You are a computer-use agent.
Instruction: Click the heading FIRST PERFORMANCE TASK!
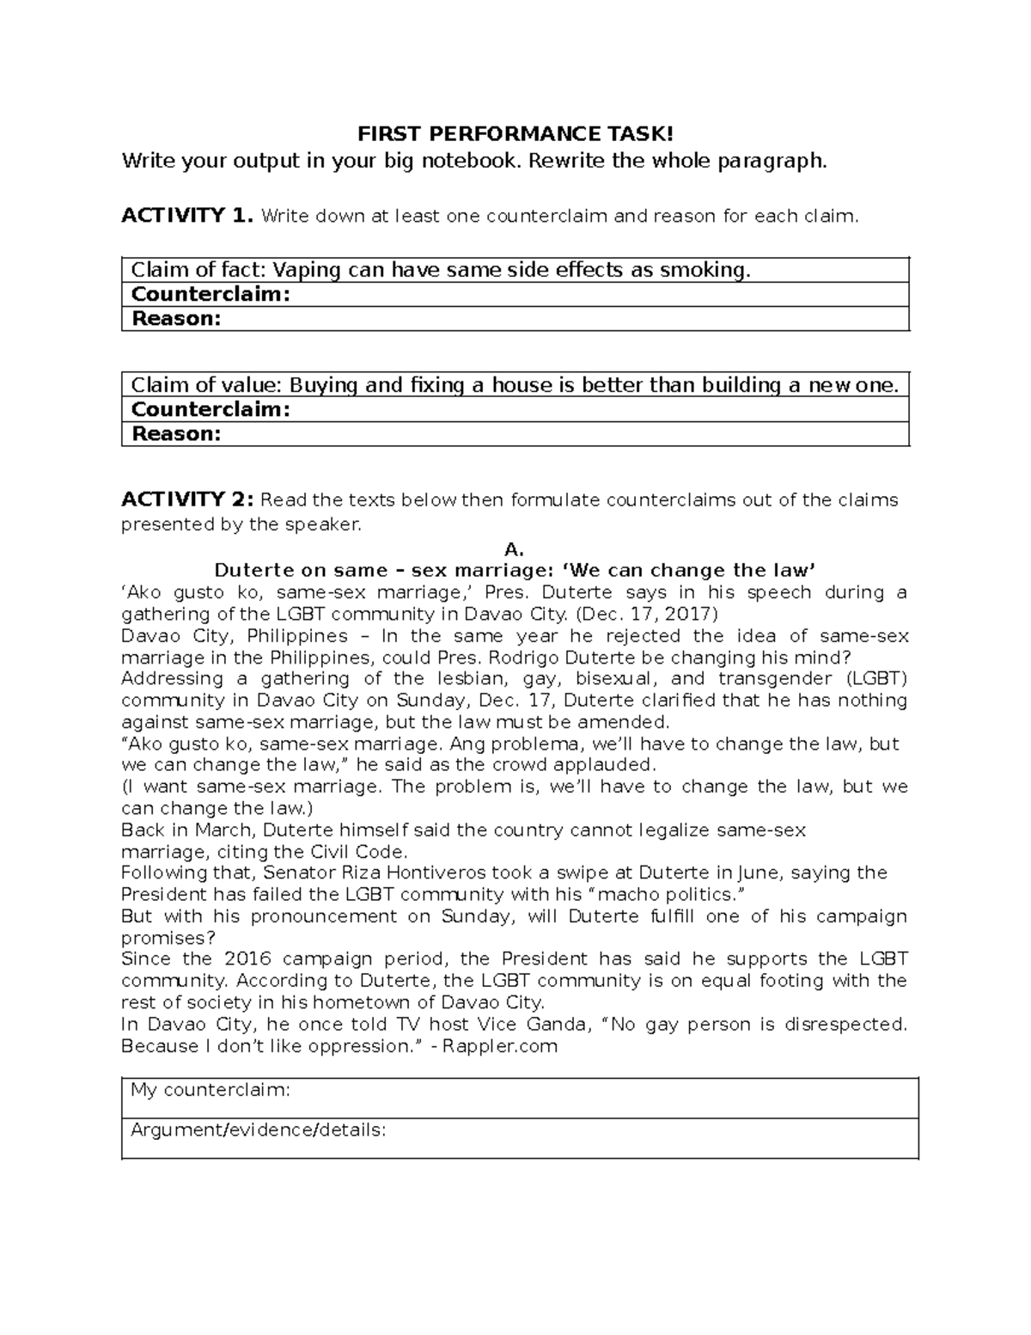tap(515, 134)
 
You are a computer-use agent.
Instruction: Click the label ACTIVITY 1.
tap(186, 216)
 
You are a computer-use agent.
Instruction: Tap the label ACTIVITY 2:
tap(186, 499)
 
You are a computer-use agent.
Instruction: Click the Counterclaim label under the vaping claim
tap(210, 295)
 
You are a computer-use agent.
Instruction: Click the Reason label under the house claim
tap(176, 434)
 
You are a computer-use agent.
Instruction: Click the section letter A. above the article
tap(515, 549)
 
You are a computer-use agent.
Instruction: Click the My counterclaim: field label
tap(210, 1090)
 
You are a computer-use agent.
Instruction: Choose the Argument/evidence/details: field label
tap(258, 1130)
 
